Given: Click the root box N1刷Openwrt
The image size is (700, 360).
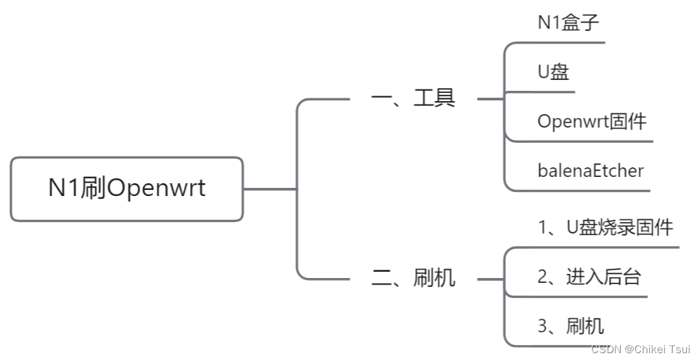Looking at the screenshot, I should point(126,189).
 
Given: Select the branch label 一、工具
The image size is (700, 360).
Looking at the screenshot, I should point(413,98).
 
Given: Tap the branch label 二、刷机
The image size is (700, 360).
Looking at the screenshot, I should point(413,278).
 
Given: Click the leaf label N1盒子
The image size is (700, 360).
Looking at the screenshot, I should point(568,22).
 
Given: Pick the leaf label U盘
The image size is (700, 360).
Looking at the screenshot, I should point(553,72).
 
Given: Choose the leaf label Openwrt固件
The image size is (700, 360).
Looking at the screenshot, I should point(591,122).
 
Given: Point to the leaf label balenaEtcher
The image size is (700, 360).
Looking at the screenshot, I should point(590,170).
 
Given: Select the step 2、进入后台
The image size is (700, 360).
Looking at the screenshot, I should point(589,277).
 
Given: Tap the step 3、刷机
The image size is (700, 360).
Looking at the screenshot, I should point(571,326).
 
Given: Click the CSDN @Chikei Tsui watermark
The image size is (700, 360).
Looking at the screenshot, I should point(641,350).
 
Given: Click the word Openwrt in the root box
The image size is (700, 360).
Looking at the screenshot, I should point(156,189).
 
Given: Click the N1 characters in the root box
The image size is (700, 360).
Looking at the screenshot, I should point(64,189).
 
